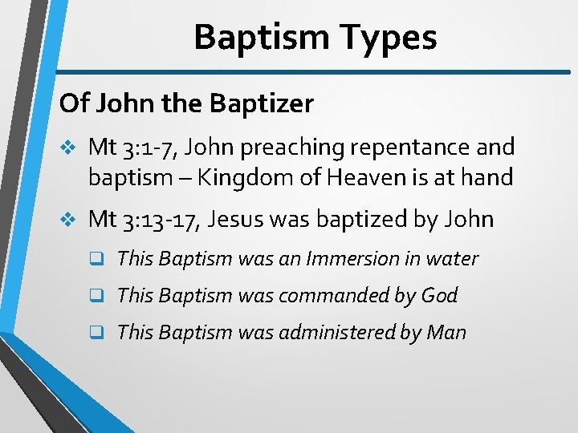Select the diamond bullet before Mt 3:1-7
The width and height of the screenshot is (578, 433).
tap(68, 148)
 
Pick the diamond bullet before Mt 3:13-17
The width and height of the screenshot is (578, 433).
tap(68, 220)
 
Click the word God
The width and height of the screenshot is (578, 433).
tap(438, 296)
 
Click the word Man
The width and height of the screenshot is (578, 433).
tap(447, 333)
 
